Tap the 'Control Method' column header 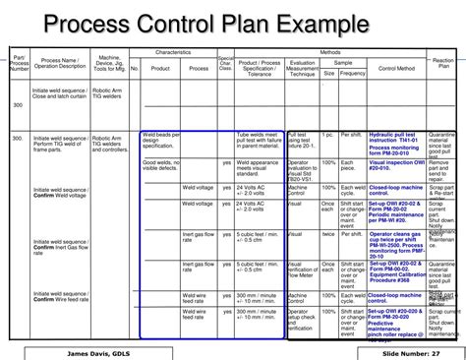[396, 67]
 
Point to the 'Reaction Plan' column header [443, 63]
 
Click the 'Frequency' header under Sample [353, 73]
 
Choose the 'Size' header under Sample [329, 73]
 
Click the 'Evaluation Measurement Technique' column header [302, 67]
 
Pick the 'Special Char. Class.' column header [225, 65]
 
